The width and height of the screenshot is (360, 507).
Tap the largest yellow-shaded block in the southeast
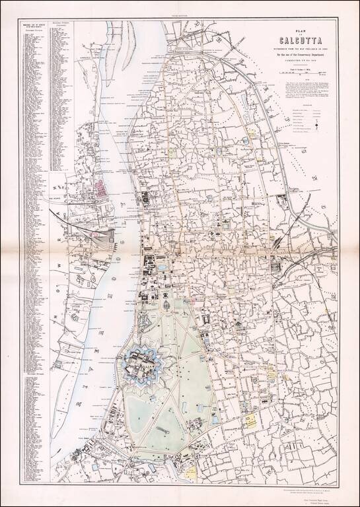[250, 420]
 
